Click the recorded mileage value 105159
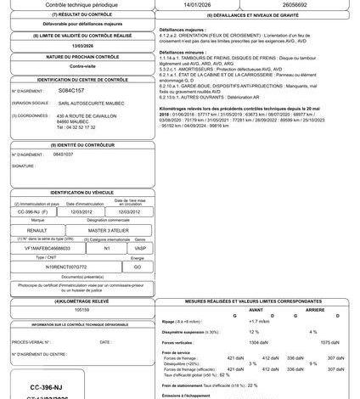(x=82, y=310)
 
